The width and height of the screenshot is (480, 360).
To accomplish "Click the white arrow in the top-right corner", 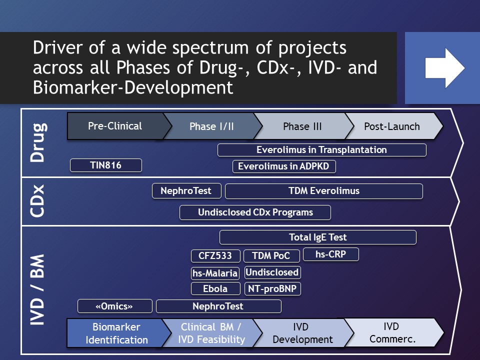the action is (x=444, y=68).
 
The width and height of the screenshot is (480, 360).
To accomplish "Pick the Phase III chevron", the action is (x=303, y=126).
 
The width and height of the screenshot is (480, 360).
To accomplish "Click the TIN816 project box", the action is (x=106, y=165).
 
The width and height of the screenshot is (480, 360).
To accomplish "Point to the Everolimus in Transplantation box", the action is (x=321, y=150).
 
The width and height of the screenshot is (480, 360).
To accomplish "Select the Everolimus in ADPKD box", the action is (x=284, y=166).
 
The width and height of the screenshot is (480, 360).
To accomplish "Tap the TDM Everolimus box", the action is (x=324, y=191).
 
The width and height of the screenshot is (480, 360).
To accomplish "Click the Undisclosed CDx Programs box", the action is (x=255, y=212).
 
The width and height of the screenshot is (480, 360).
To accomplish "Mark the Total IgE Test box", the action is (x=318, y=237).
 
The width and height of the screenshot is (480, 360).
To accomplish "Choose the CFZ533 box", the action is (x=215, y=256).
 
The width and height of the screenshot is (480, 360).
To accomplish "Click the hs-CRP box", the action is (x=331, y=254).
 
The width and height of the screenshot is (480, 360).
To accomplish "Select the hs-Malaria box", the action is (x=215, y=273).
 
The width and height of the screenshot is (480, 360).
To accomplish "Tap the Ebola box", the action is (x=215, y=288).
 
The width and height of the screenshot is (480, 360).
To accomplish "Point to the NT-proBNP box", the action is (x=272, y=288).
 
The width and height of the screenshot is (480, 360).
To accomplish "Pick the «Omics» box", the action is (x=115, y=306).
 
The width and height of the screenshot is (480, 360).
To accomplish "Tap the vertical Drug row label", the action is (x=38, y=142).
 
